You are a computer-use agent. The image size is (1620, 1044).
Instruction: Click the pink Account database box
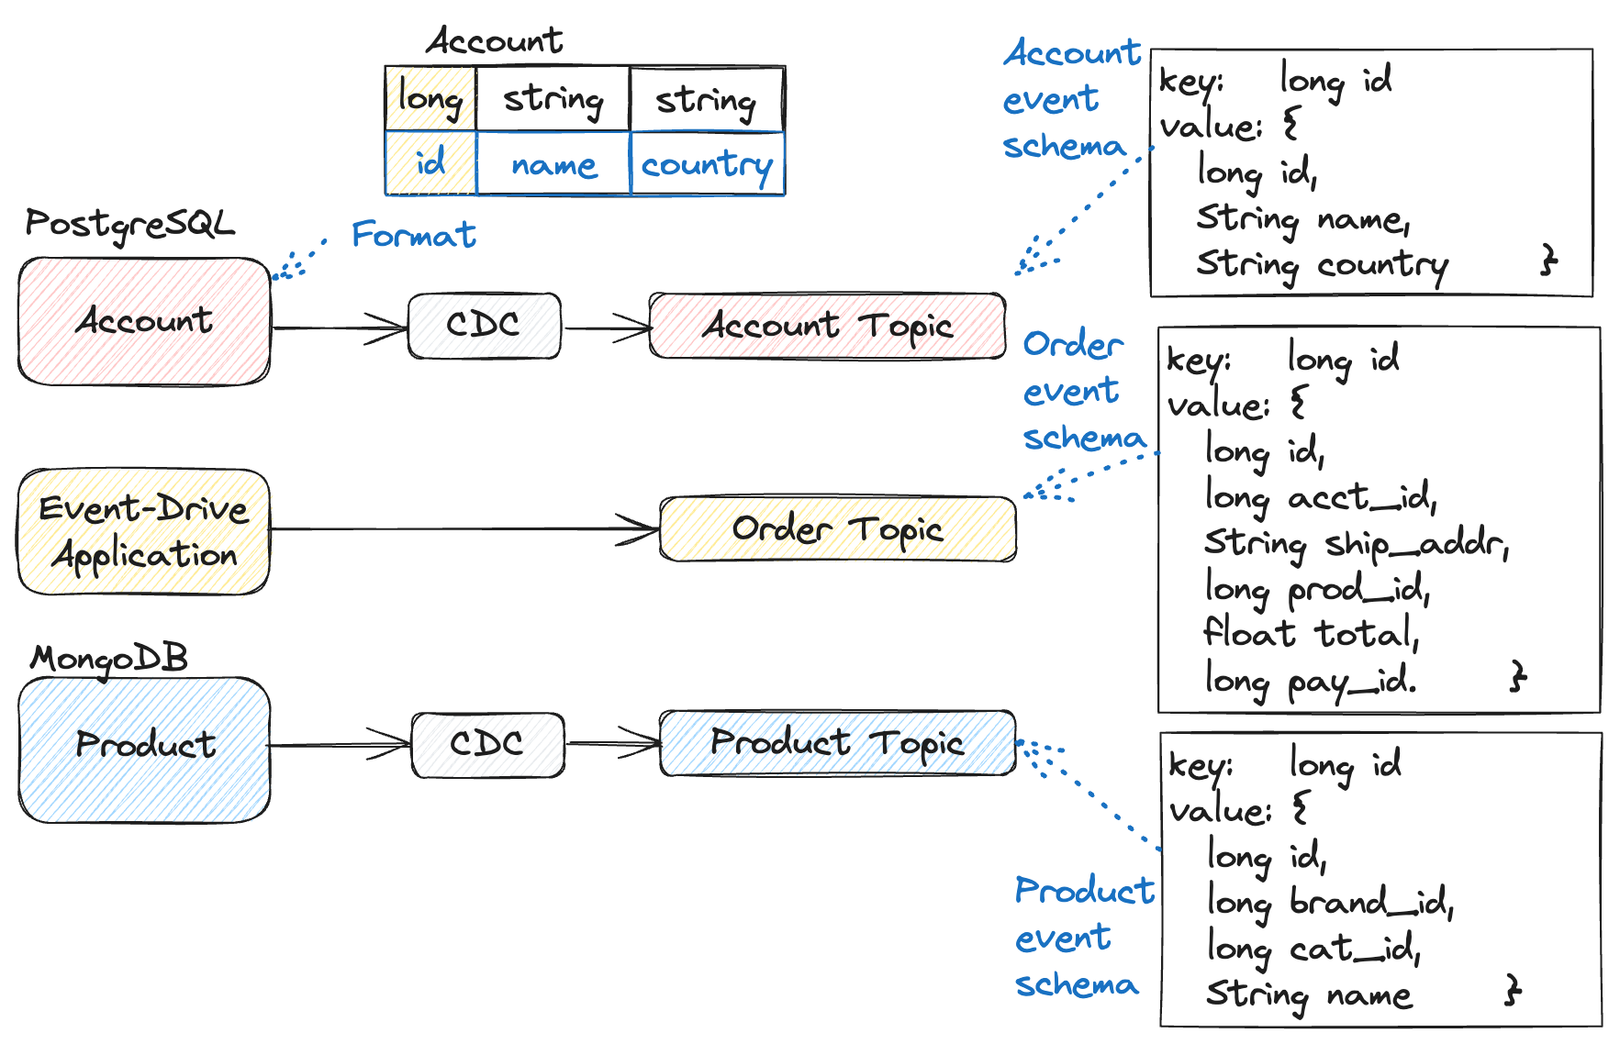click(144, 321)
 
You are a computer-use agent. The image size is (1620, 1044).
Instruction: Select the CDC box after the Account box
click(484, 326)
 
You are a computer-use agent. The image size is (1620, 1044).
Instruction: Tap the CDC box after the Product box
click(487, 744)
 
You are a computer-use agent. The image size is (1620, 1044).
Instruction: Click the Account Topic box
click(827, 326)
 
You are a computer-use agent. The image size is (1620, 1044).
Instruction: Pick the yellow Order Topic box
click(837, 529)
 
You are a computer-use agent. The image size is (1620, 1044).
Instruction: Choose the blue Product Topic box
click(837, 743)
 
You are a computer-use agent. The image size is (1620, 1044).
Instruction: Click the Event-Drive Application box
click(144, 532)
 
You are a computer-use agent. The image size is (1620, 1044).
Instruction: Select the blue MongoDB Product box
click(144, 749)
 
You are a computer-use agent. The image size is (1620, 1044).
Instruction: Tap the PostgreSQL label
click(129, 224)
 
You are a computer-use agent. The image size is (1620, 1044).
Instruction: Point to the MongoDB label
click(109, 659)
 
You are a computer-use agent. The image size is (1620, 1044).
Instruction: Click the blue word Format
click(414, 235)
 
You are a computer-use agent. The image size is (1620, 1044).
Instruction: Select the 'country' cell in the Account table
click(707, 164)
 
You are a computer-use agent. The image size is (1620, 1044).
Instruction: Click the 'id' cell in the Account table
click(430, 163)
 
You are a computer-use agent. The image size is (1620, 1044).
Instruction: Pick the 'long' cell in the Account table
click(430, 98)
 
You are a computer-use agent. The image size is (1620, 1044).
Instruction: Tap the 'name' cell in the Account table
click(553, 165)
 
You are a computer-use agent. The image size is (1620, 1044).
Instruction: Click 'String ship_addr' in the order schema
click(1355, 544)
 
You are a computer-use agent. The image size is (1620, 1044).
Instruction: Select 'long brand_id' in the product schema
click(1329, 903)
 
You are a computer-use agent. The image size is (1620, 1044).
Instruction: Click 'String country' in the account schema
click(1321, 265)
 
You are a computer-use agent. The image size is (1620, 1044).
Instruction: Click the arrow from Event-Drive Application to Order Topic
click(459, 528)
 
